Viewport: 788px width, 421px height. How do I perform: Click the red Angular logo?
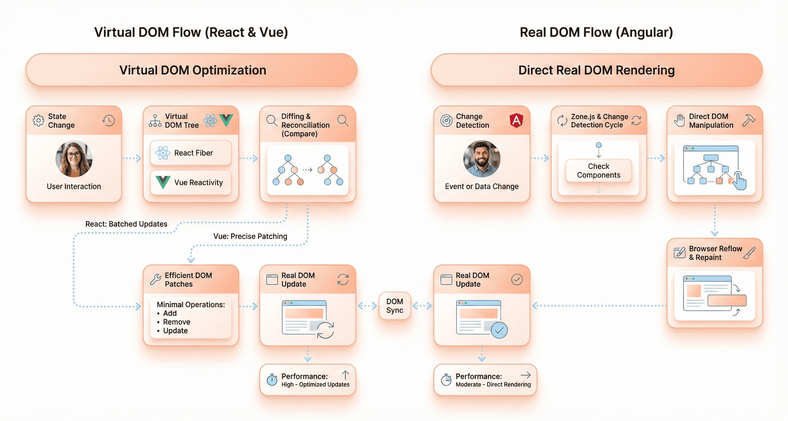click(x=516, y=120)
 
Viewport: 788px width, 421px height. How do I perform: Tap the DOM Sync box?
click(x=395, y=306)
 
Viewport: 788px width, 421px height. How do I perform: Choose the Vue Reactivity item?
click(x=191, y=182)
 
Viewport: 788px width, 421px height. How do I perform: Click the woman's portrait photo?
click(x=74, y=158)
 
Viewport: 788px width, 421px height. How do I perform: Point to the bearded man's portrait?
click(x=482, y=158)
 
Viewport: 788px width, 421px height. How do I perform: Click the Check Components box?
click(x=598, y=170)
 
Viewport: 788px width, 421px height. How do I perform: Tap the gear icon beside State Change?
click(x=39, y=121)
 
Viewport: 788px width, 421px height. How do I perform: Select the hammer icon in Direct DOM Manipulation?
click(x=748, y=121)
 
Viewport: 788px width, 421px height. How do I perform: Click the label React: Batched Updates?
click(x=126, y=224)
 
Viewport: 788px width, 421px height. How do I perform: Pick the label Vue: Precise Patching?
click(x=250, y=236)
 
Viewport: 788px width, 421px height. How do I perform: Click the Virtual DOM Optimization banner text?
click(x=193, y=70)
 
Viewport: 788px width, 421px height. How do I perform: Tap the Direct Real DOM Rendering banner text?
click(x=596, y=70)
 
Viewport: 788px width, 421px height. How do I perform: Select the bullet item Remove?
click(x=177, y=322)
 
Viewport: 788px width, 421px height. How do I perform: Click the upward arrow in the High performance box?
click(x=345, y=375)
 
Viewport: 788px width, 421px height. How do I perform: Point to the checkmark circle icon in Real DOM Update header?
click(x=517, y=279)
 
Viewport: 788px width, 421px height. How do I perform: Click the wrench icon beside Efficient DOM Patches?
click(x=155, y=279)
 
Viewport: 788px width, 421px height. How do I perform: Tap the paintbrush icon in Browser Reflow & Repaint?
click(x=749, y=253)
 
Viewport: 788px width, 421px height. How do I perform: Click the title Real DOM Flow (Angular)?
click(x=596, y=32)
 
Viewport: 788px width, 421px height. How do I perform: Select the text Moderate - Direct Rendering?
click(x=493, y=385)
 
